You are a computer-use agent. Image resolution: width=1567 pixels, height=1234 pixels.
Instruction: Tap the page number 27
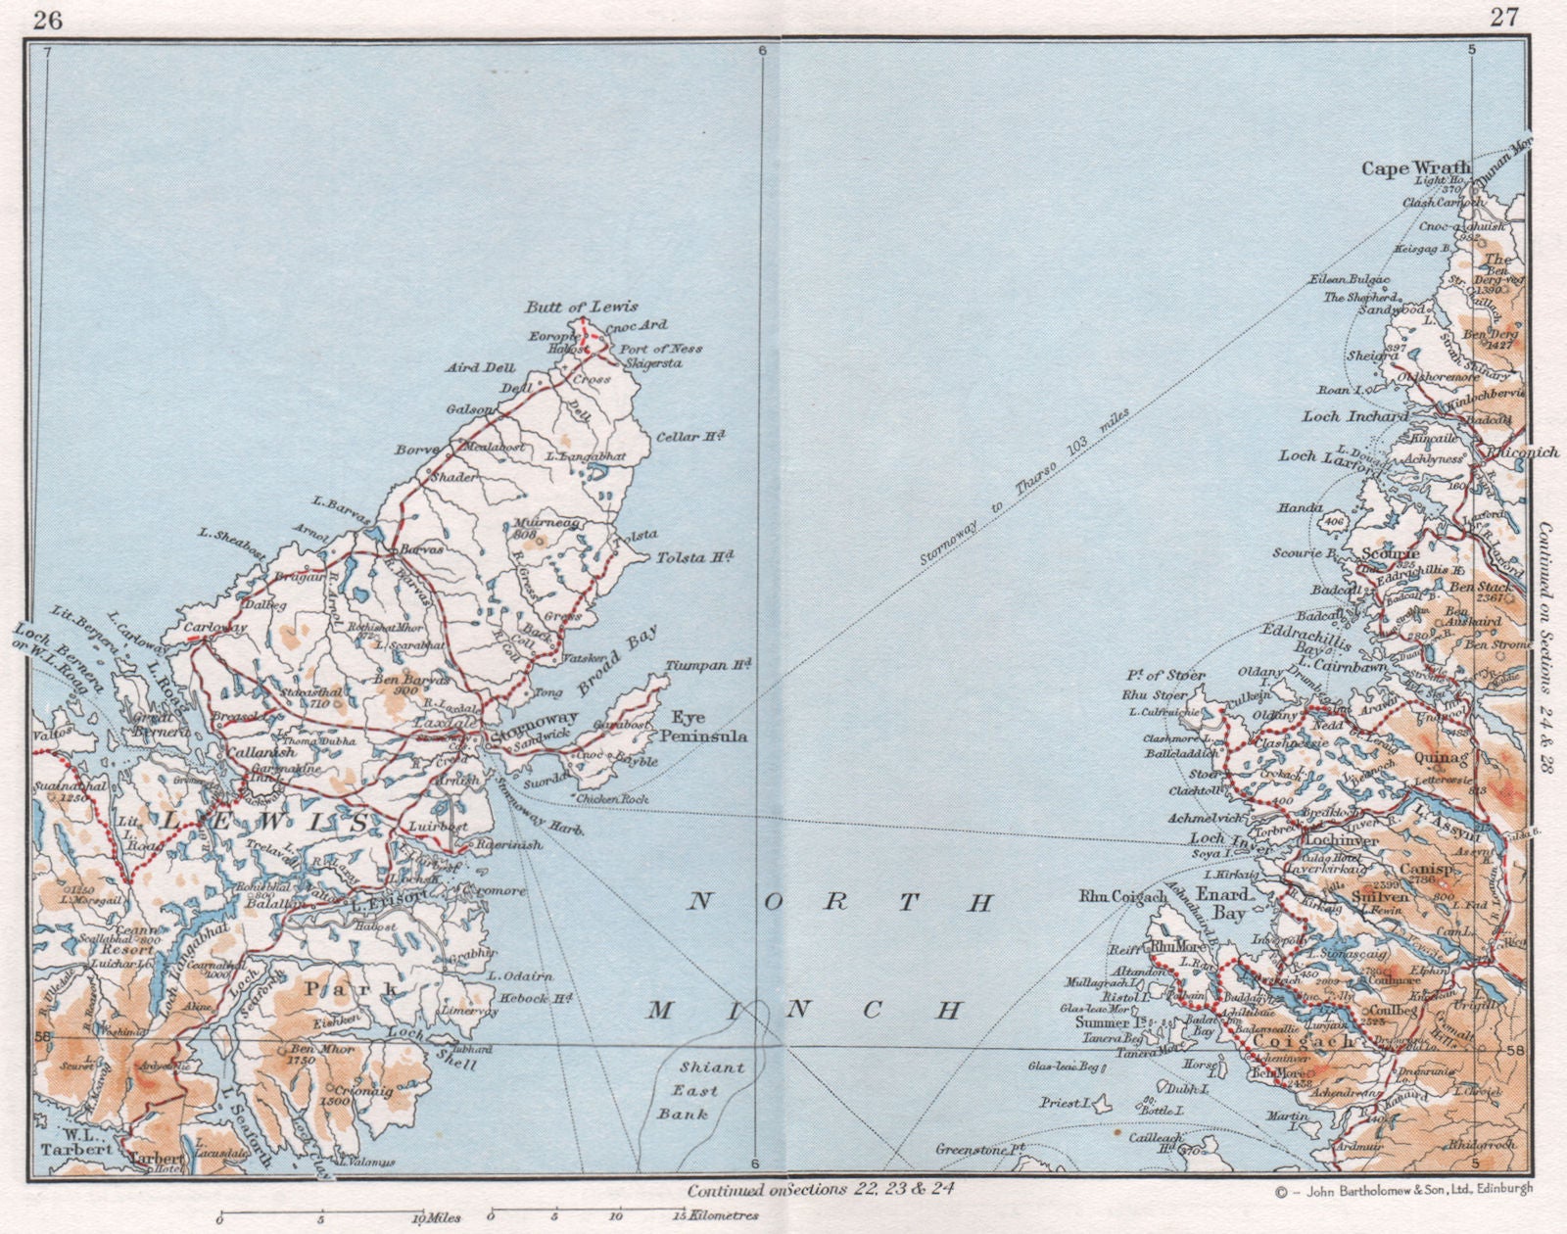1503,18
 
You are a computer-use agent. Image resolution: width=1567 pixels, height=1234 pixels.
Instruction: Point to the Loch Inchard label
1353,417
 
